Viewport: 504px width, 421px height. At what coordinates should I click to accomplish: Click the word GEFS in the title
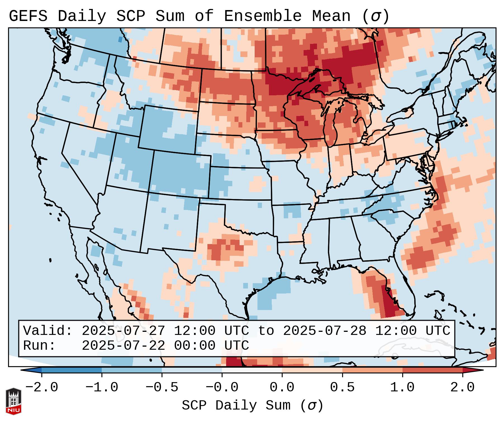tap(28, 16)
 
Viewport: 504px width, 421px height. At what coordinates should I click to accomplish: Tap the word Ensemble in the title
tap(262, 16)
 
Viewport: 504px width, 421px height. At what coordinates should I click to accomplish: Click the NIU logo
tap(13, 401)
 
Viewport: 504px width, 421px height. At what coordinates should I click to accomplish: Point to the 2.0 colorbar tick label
tap(462, 387)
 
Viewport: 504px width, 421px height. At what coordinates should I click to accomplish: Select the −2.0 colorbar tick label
tap(41, 387)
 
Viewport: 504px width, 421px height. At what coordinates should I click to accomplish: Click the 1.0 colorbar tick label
tap(402, 387)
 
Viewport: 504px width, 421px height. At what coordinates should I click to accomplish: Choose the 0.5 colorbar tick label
tap(342, 387)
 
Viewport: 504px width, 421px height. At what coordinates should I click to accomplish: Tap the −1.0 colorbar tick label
tap(101, 387)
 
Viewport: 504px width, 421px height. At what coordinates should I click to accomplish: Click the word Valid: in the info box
tap(48, 331)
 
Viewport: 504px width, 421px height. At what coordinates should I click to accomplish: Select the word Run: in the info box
tap(39, 346)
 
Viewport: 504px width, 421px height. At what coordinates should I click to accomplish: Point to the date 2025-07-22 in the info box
tap(123, 346)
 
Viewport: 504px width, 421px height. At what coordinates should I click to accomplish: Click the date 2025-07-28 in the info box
tap(325, 331)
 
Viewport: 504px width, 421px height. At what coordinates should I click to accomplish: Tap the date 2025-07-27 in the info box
tap(123, 331)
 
